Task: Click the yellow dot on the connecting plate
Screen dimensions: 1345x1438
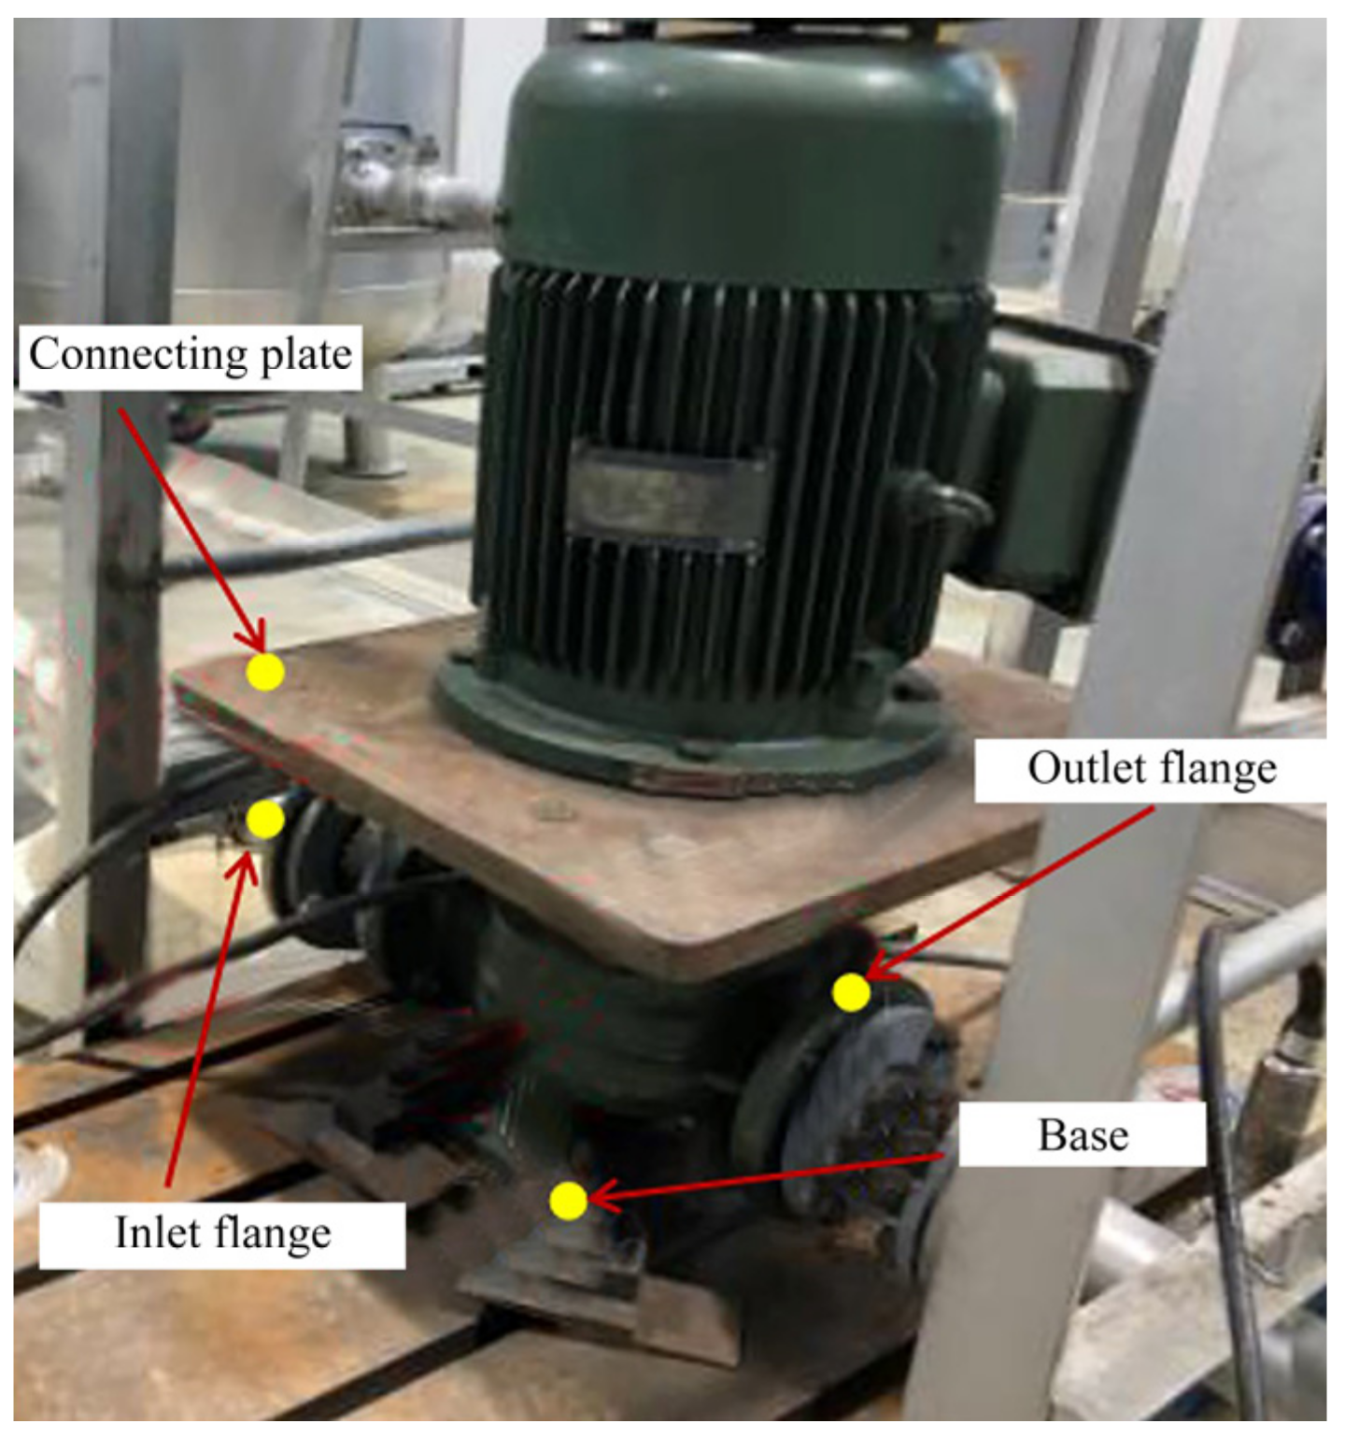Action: pos(265,671)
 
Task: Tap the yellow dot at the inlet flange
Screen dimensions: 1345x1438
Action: pos(265,819)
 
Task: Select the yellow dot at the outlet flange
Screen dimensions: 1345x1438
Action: pos(851,992)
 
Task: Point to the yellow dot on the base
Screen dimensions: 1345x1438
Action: pos(568,1201)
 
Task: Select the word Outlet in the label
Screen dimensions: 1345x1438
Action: pos(1087,768)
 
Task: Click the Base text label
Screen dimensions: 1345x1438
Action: pos(1083,1135)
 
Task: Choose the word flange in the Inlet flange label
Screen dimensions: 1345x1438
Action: pos(270,1234)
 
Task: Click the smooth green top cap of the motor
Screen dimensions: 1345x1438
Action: pos(757,159)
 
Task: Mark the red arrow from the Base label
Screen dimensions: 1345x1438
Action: pos(766,1177)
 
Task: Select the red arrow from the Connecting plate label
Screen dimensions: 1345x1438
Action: pos(193,531)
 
